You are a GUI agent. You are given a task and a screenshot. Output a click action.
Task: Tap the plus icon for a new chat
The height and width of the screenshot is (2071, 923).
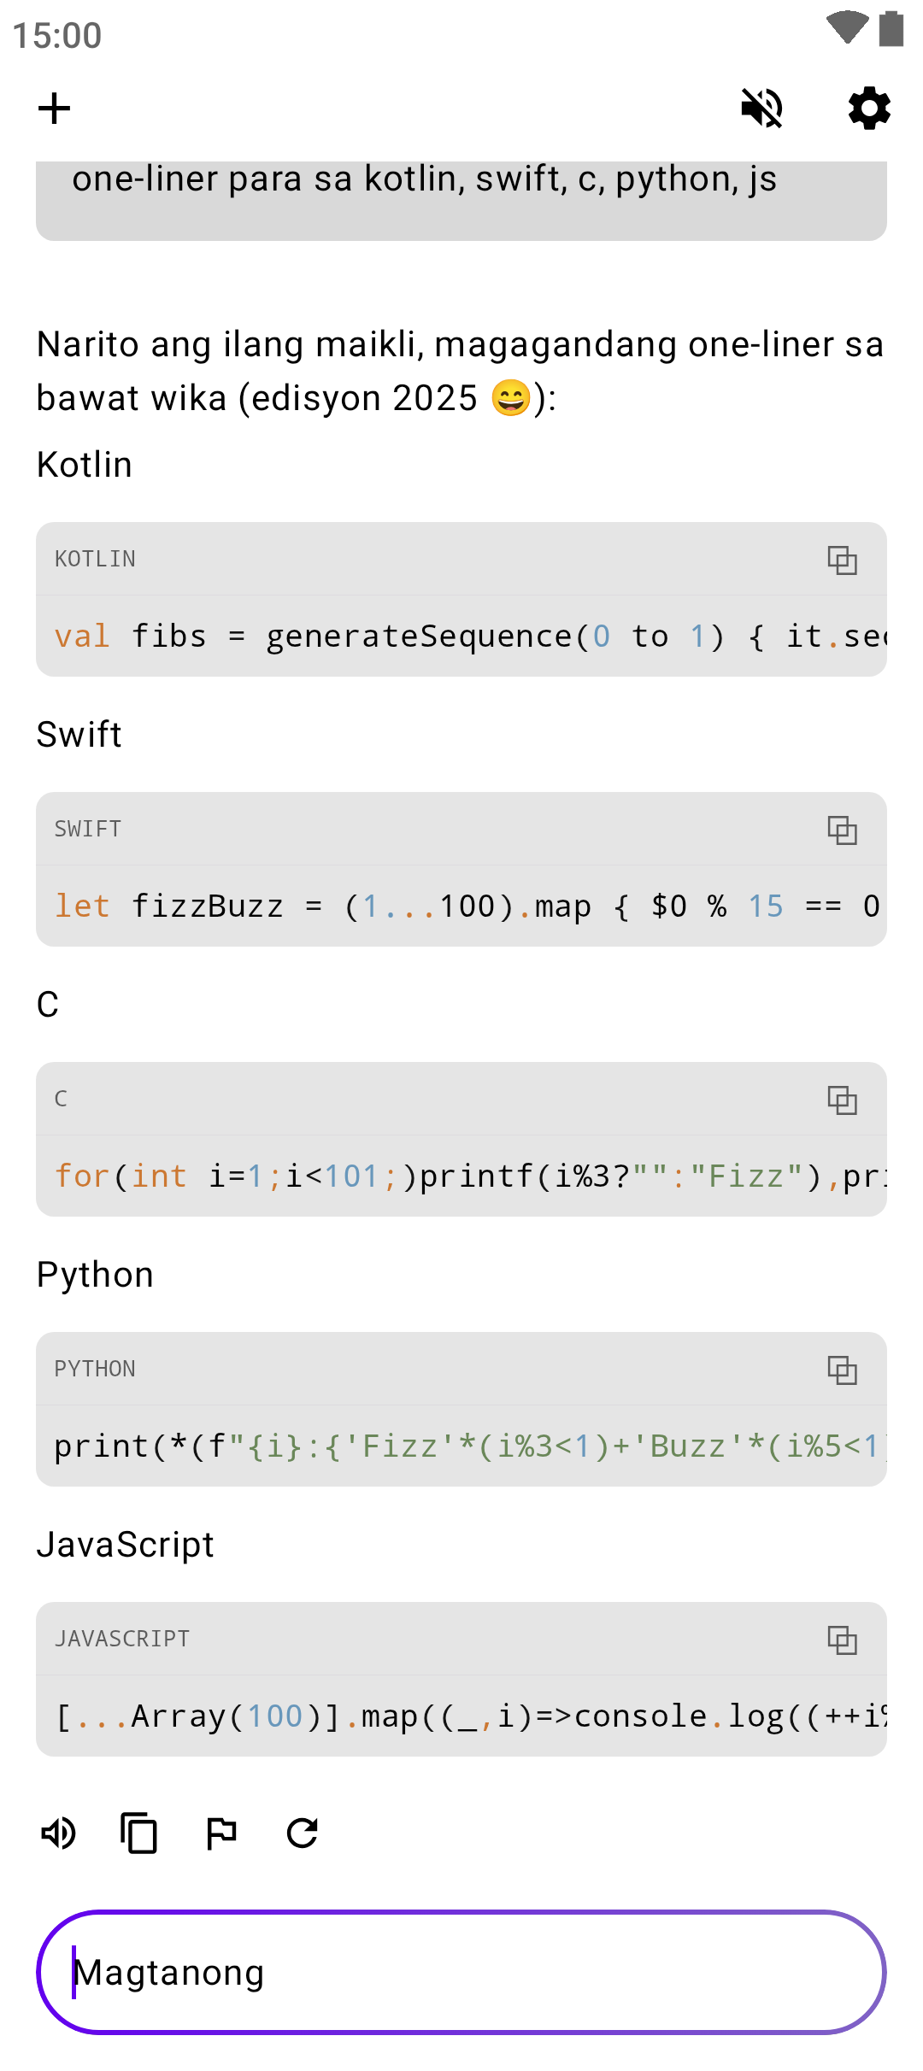(54, 109)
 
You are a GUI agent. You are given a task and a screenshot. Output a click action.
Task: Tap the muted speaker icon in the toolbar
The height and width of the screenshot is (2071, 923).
(761, 109)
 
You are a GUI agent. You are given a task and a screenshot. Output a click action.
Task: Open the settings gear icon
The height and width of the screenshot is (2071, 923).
(869, 109)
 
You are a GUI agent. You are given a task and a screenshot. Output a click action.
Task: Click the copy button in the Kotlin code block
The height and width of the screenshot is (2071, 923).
(842, 560)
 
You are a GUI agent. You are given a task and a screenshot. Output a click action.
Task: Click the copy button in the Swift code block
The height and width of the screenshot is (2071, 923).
(842, 830)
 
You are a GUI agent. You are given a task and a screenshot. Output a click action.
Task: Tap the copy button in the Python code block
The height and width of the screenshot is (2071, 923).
(842, 1370)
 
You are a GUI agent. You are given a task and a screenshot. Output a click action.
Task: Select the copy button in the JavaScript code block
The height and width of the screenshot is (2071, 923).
(842, 1640)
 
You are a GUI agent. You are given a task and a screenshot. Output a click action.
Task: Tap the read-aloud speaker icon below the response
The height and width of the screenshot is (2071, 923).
(59, 1833)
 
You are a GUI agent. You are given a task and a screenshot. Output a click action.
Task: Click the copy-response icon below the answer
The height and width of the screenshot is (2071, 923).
(139, 1833)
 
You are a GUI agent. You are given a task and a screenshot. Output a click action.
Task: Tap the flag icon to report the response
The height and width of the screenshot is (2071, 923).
(221, 1833)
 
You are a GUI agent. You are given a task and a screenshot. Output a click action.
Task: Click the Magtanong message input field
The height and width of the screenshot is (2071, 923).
(461, 1972)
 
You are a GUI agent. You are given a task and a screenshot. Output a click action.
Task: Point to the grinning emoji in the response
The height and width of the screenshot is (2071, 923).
(511, 398)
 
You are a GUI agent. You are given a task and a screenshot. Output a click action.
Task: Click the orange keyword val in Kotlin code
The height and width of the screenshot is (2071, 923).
(82, 637)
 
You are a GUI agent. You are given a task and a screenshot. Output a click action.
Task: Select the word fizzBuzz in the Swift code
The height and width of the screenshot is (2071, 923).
(207, 906)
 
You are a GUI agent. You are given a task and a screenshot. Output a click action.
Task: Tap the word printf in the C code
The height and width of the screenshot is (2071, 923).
(477, 1176)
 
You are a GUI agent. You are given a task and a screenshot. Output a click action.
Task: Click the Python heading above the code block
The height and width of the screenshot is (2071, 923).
(95, 1275)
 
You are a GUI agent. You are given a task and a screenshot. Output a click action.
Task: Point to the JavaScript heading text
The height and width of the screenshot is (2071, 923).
(126, 1545)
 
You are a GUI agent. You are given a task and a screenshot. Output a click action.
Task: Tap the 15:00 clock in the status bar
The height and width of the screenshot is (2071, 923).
(57, 36)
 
